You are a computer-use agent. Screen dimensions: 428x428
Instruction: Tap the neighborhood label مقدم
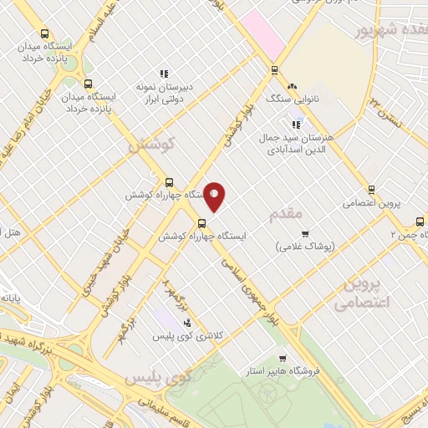coord(286,215)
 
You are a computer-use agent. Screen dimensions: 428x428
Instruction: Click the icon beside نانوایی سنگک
coord(292,86)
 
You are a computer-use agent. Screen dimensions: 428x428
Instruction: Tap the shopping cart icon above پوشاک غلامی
coord(305,234)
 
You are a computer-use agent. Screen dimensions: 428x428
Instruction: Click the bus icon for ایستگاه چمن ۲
coord(419,222)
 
